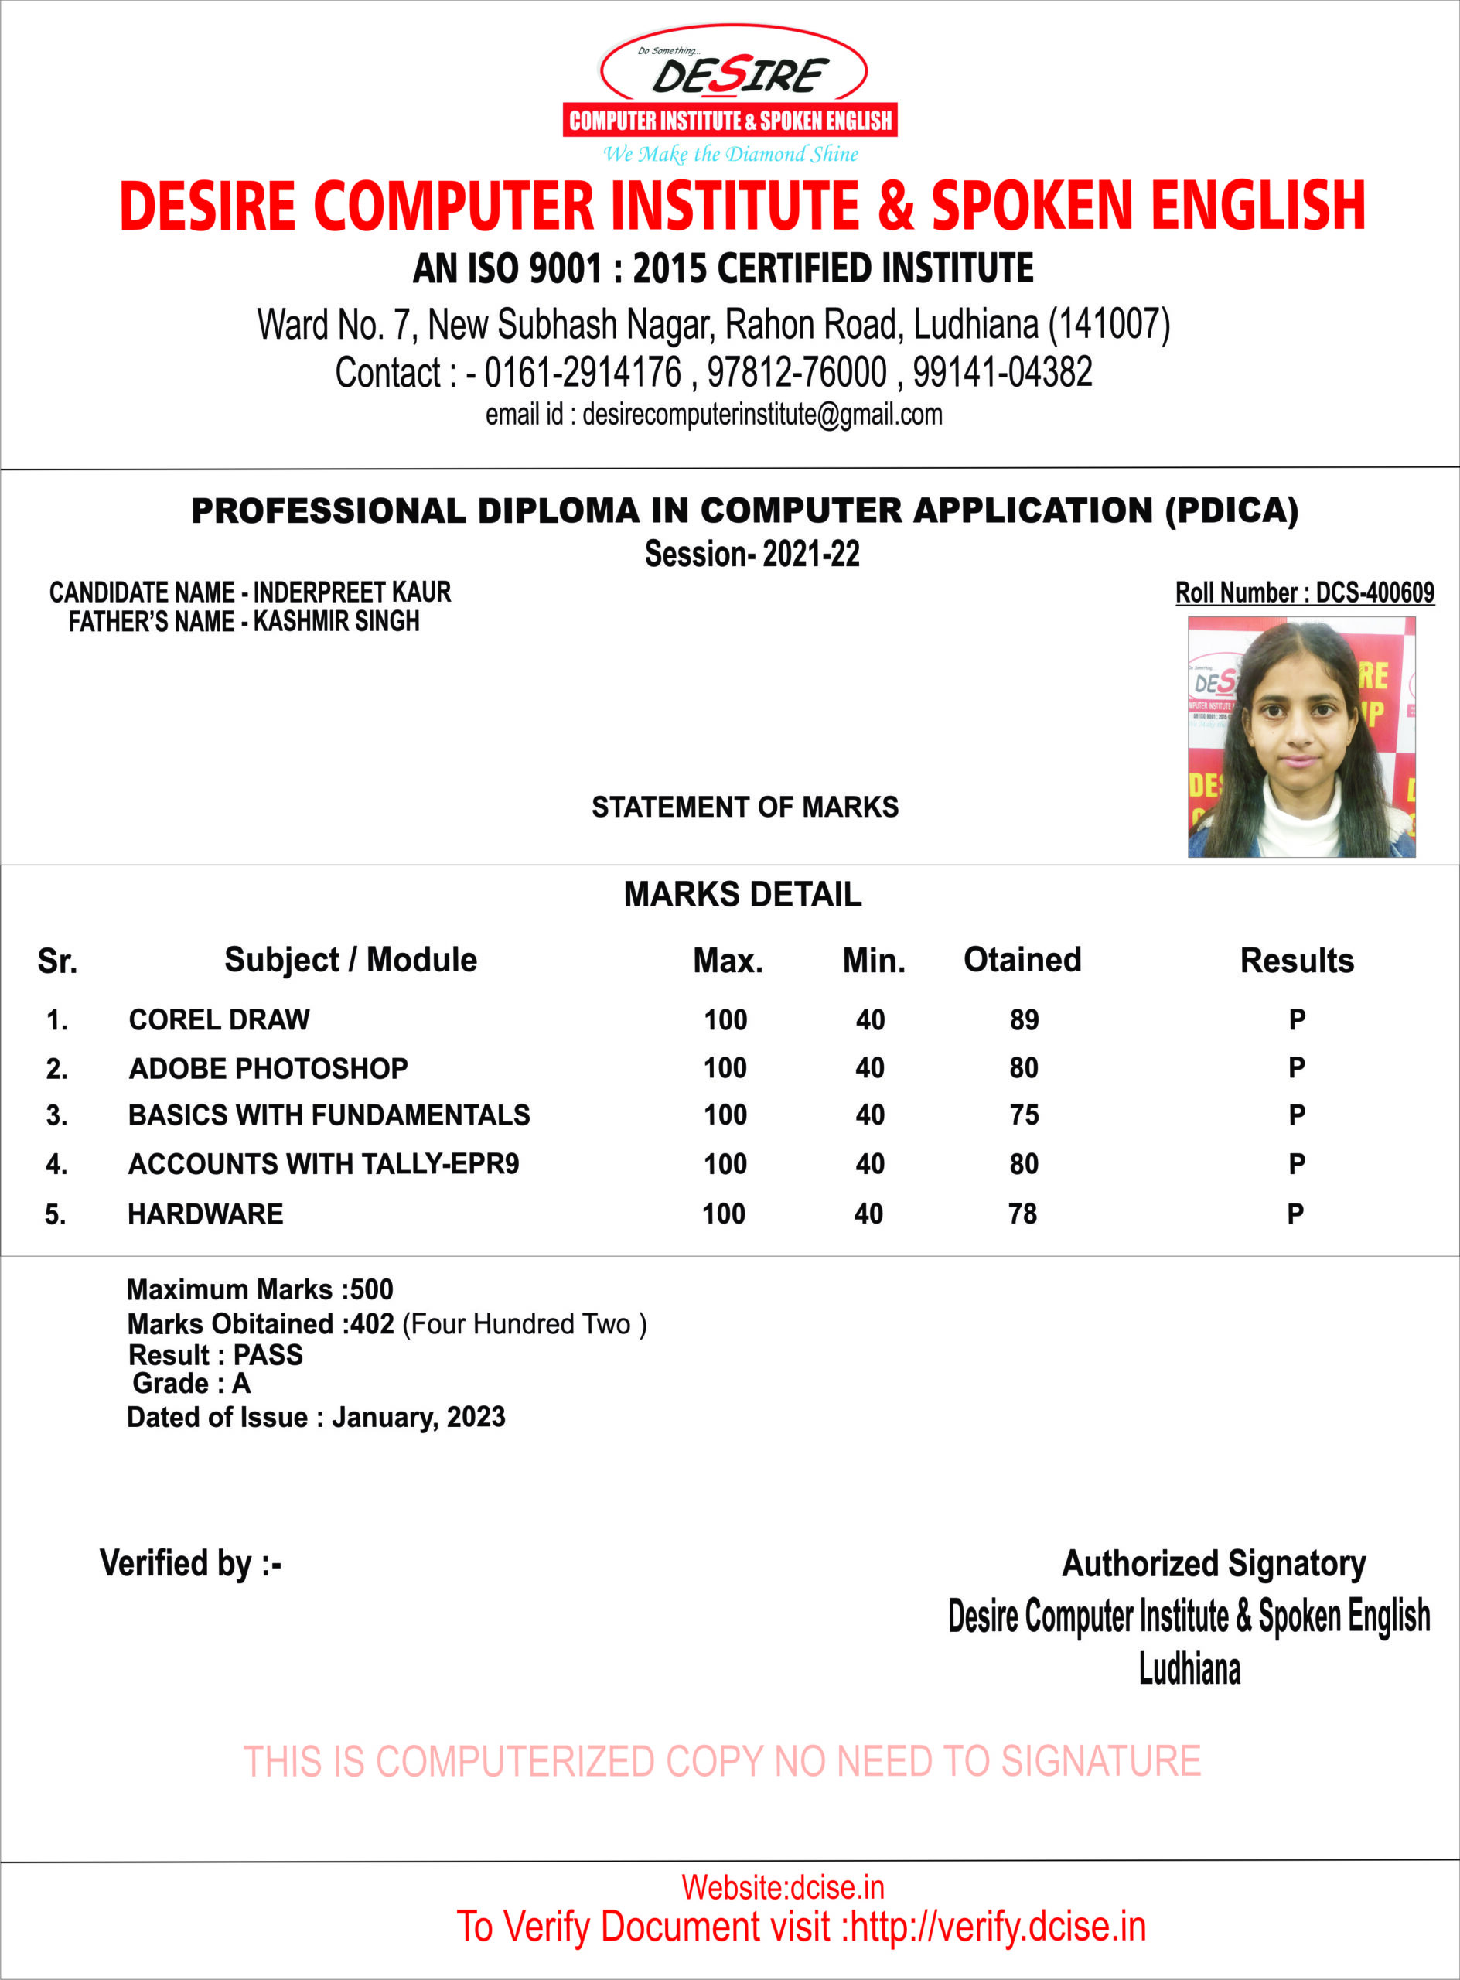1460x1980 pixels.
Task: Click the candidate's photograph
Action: click(x=1301, y=736)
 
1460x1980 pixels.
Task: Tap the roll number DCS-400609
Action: click(x=1374, y=592)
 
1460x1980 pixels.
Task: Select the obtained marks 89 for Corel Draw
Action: click(x=1025, y=1019)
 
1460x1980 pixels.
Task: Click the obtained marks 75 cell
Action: click(x=1025, y=1115)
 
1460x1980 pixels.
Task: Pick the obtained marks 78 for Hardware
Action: click(x=1022, y=1214)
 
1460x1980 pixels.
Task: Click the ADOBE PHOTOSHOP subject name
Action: click(x=268, y=1068)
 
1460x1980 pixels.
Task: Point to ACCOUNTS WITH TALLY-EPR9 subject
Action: click(x=323, y=1163)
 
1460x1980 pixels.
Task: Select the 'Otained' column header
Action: click(x=1022, y=959)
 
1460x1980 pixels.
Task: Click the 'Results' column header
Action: click(x=1297, y=960)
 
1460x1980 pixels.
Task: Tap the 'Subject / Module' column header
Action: click(x=350, y=959)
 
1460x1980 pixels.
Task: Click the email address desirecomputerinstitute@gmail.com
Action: click(x=762, y=414)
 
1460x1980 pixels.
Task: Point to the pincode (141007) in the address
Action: click(x=1108, y=324)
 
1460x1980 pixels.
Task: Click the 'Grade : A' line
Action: click(x=191, y=1384)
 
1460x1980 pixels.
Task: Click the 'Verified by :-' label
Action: click(x=190, y=1563)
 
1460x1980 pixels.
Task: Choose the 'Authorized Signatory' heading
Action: click(x=1213, y=1563)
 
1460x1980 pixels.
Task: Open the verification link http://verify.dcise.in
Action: click(x=998, y=1926)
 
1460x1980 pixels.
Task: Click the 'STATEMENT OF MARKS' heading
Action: click(x=744, y=806)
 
